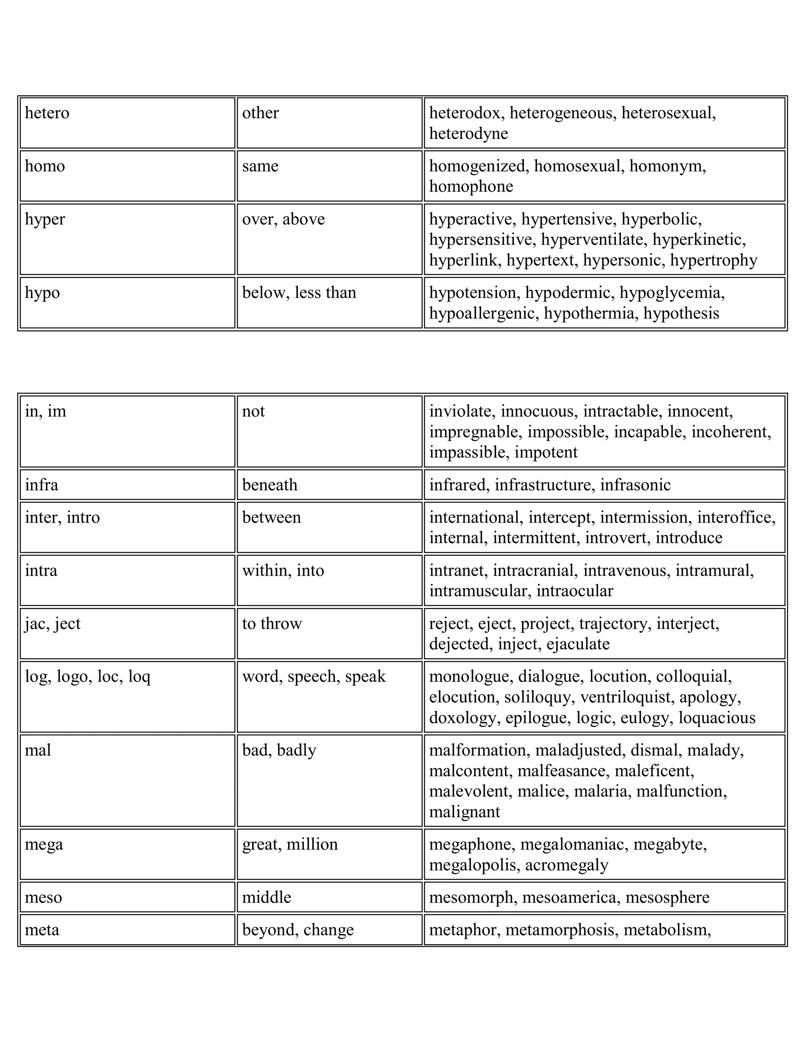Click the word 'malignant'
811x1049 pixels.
pos(464,812)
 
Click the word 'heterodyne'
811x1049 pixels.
pos(468,133)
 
